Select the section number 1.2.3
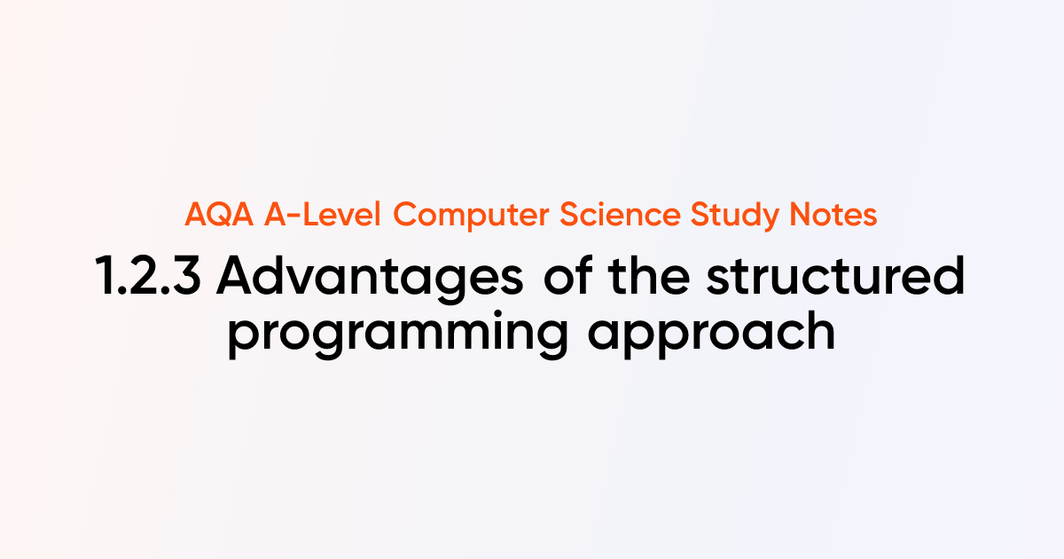pos(146,278)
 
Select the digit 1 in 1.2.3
pos(104,278)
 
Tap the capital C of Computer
pos(404,215)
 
